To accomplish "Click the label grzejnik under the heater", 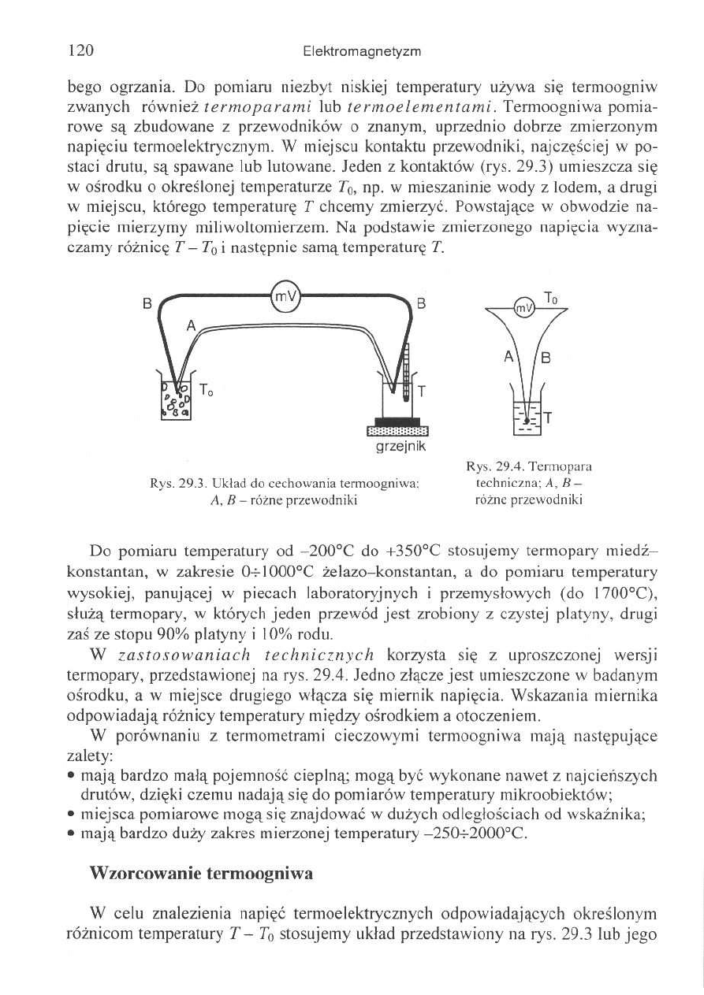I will point(397,447).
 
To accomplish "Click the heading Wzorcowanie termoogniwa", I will point(202,874).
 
